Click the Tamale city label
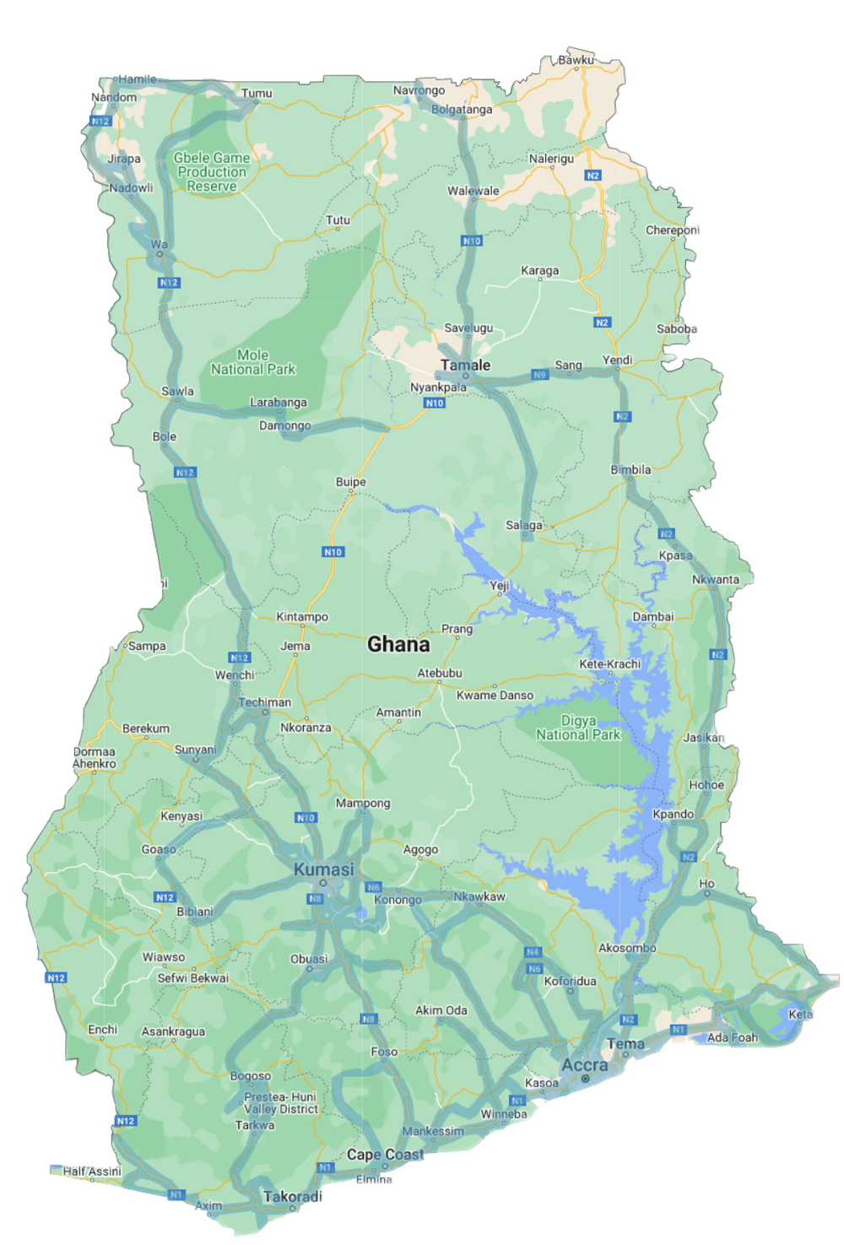[465, 365]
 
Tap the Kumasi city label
[324, 869]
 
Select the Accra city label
[585, 1065]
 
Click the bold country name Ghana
[398, 645]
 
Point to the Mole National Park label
[253, 362]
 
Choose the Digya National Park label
[578, 728]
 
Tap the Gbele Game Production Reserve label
[212, 171]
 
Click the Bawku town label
[576, 60]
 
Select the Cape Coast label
[386, 1155]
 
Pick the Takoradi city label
[292, 1197]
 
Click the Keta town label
[800, 1015]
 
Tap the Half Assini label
[92, 1172]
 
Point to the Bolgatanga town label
[462, 110]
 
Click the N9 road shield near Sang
[540, 375]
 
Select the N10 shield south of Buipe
[333, 552]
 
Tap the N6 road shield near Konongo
[373, 887]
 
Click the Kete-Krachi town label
[610, 664]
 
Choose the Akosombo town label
[627, 948]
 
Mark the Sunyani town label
[196, 750]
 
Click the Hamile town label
[138, 79]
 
